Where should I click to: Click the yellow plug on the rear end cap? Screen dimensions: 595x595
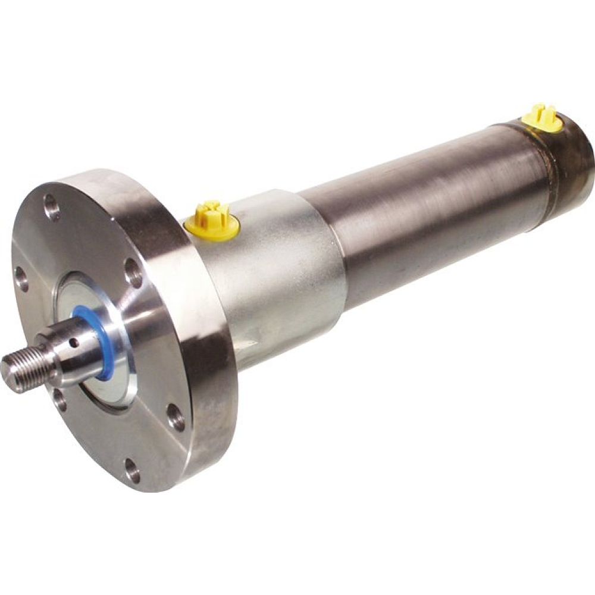(541, 120)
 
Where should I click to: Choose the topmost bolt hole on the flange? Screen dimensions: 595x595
(51, 208)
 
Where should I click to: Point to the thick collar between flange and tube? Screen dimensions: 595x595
(280, 268)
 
